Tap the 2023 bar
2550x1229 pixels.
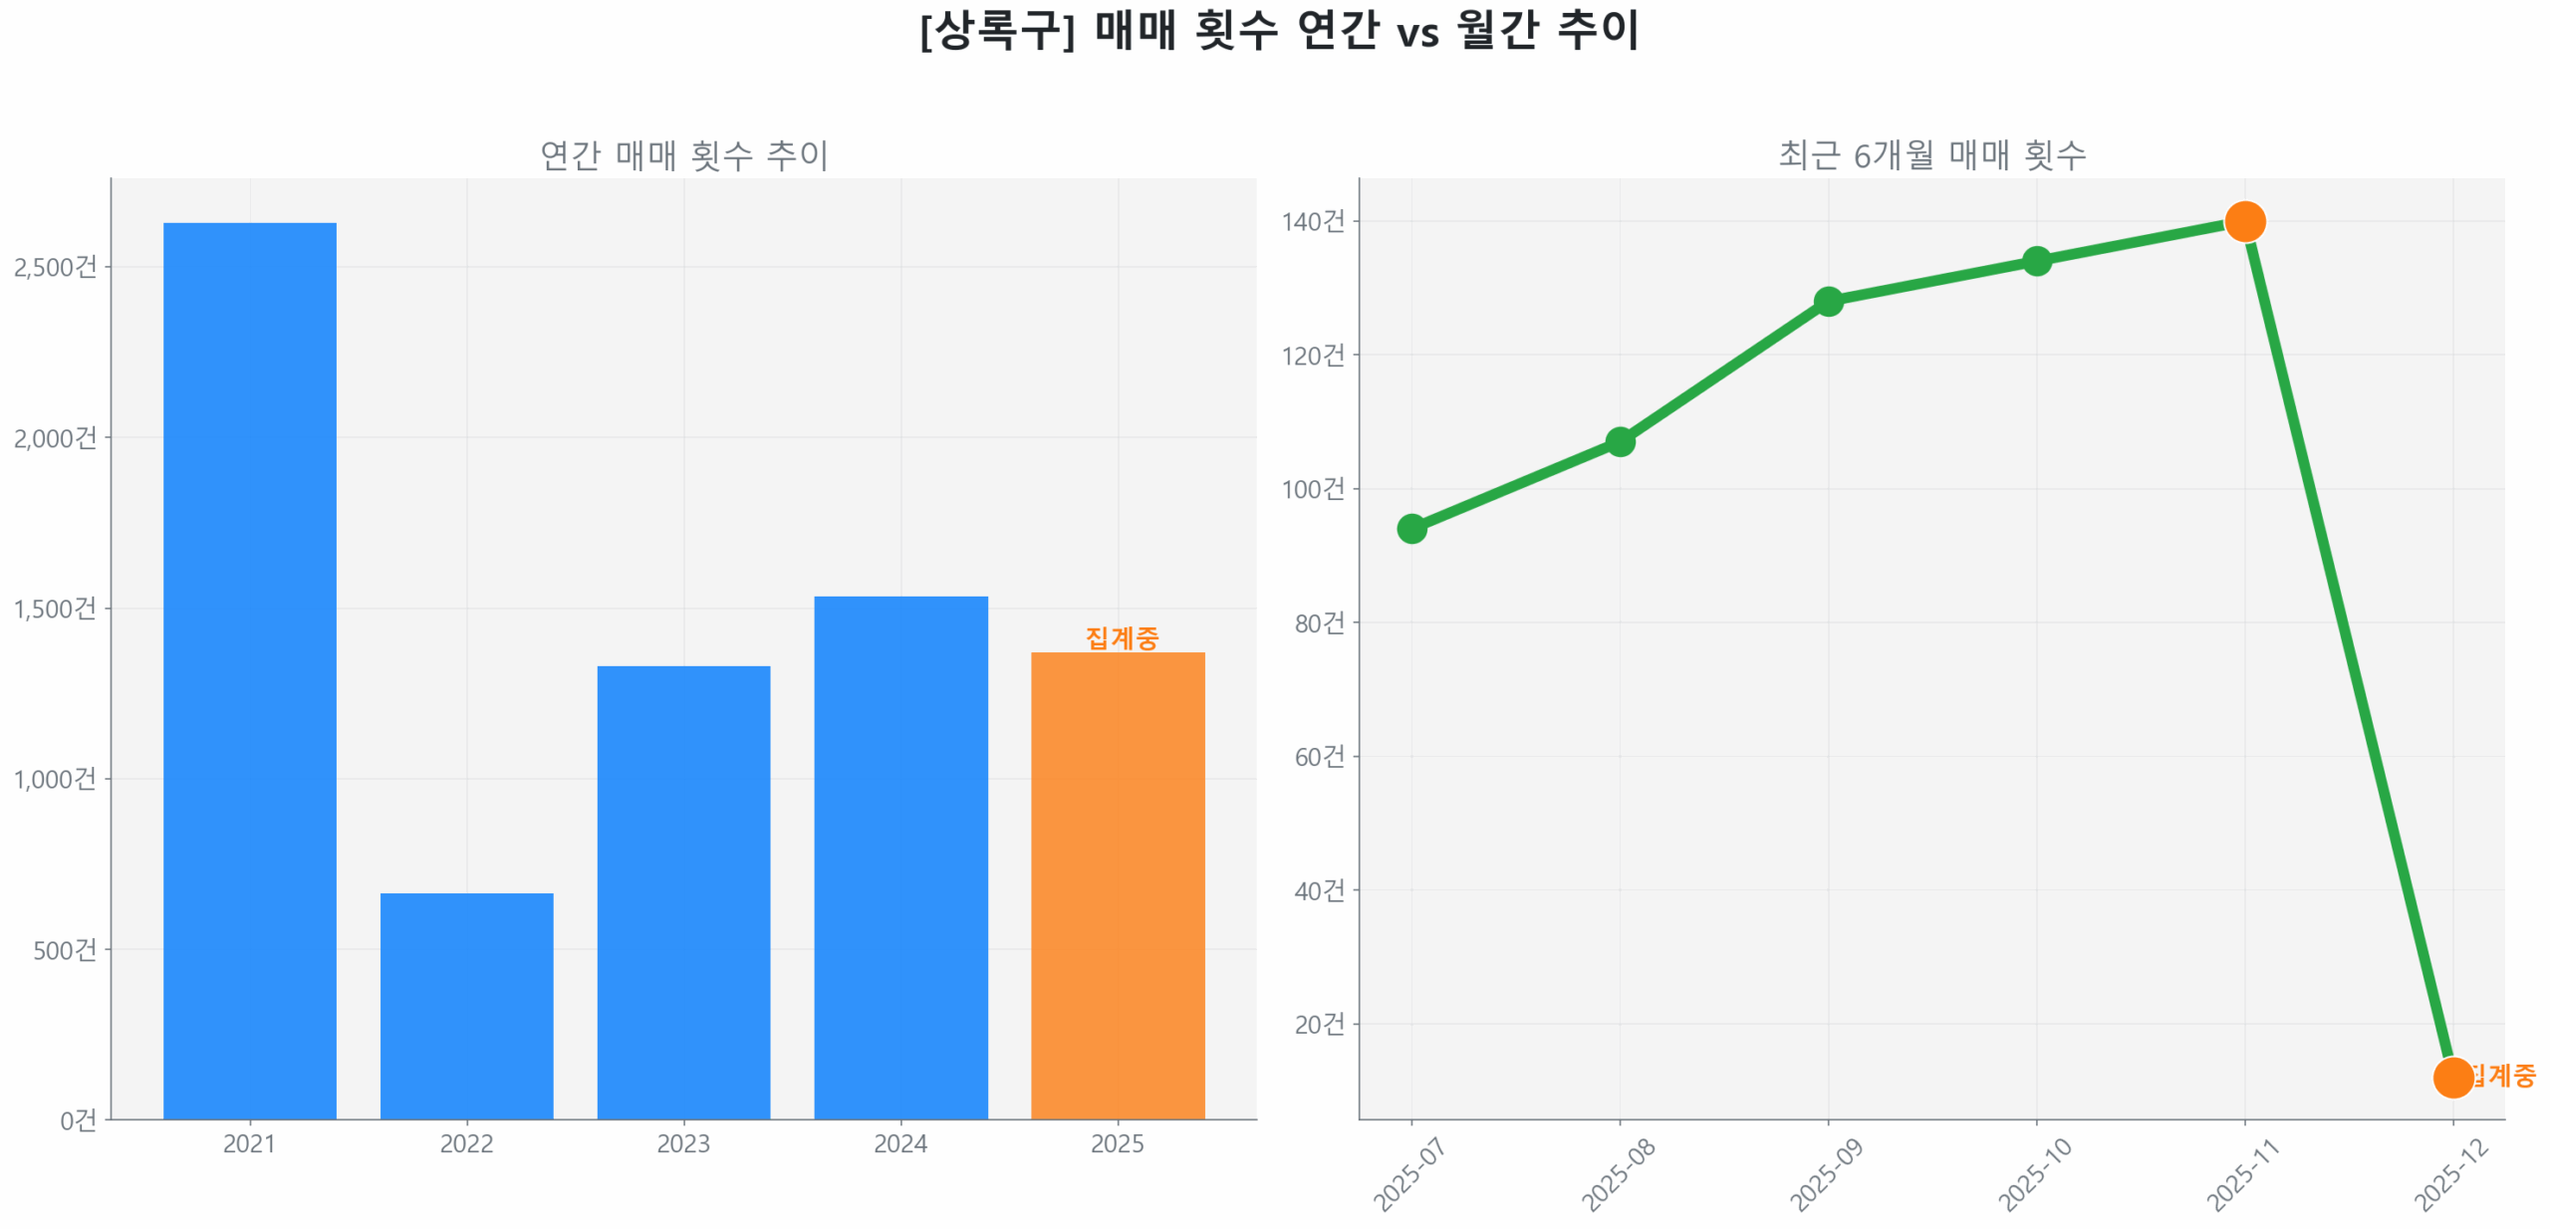point(683,890)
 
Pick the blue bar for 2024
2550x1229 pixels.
point(900,856)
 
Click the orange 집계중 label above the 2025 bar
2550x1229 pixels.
point(1122,636)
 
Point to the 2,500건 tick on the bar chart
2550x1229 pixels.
point(56,267)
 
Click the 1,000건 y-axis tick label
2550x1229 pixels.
point(56,778)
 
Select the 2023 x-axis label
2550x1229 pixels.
point(683,1142)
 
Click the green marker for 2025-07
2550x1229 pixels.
point(1411,528)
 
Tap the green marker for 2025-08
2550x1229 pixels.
point(1620,441)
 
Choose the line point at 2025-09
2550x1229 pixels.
point(1828,301)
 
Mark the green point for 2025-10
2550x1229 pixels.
point(2036,261)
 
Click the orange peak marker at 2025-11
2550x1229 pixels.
point(2244,221)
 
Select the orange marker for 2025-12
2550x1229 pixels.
point(2452,1077)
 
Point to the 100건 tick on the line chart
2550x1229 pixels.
point(1313,489)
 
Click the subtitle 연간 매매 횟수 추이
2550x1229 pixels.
point(683,154)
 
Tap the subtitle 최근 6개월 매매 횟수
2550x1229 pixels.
point(1931,154)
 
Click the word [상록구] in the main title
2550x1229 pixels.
point(997,30)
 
